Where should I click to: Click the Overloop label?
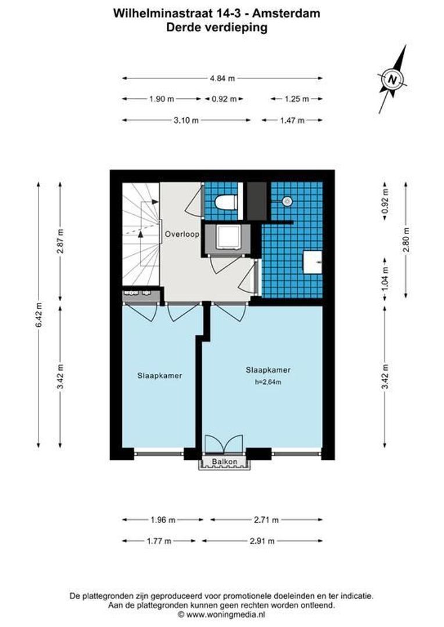(x=181, y=235)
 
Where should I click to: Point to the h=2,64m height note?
(x=268, y=381)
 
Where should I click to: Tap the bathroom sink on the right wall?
(x=314, y=261)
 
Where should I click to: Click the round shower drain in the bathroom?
(x=286, y=202)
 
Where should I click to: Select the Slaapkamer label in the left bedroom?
(x=160, y=376)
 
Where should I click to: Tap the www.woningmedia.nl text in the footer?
(x=225, y=613)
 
